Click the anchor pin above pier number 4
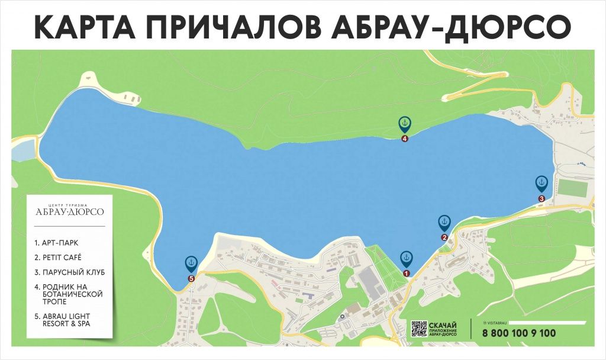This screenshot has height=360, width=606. click(x=405, y=124)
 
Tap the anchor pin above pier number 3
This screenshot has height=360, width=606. click(x=541, y=183)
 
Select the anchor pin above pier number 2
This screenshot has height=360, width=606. click(x=444, y=223)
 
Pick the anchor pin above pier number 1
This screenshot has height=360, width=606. click(x=406, y=258)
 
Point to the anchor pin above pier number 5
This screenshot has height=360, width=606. click(x=191, y=262)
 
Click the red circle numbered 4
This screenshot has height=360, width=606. click(x=405, y=139)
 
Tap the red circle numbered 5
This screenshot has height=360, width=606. click(x=191, y=278)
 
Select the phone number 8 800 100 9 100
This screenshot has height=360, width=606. click(x=519, y=333)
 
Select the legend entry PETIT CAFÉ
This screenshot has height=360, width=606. click(x=58, y=258)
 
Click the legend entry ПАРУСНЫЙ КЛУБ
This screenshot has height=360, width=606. click(x=69, y=272)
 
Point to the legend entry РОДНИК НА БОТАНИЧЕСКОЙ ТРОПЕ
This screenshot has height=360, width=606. click(x=69, y=294)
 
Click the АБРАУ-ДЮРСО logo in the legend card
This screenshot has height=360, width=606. click(x=69, y=211)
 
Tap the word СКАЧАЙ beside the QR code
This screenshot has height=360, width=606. click(x=442, y=324)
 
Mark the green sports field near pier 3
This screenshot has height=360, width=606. click(x=572, y=188)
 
